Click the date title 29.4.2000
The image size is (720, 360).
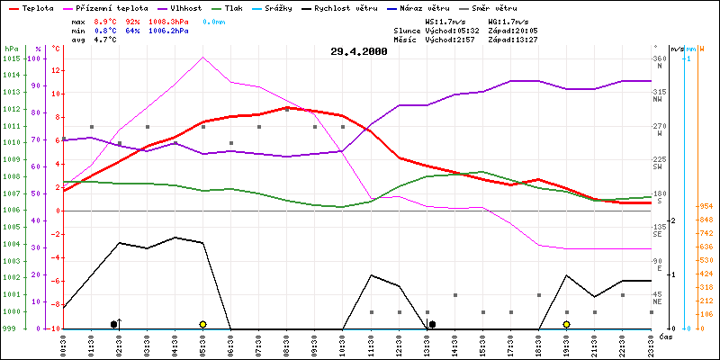tap(359, 51)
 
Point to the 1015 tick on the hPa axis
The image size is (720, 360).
tap(11, 58)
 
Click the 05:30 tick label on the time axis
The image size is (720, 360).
tap(203, 344)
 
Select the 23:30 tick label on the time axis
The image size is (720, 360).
tap(650, 344)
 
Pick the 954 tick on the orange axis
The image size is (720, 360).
tap(705, 205)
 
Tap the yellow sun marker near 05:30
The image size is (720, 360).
tap(203, 324)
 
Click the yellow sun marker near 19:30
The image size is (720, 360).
tap(566, 324)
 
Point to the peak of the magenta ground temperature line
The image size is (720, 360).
tap(203, 57)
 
